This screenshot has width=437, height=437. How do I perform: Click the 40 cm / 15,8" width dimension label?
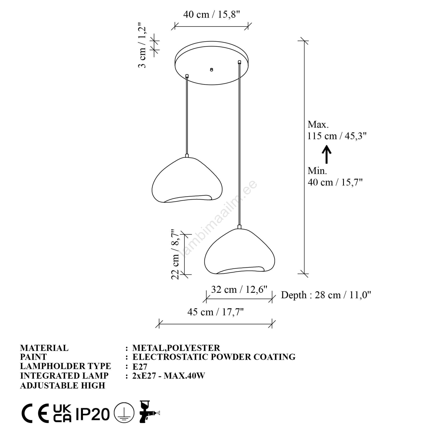point(211,14)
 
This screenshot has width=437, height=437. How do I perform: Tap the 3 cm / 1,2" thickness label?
point(142,45)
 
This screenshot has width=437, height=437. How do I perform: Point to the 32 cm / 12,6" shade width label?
point(239,290)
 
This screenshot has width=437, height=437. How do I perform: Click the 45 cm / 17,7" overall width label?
point(215,312)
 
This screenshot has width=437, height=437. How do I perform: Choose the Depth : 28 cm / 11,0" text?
point(326,295)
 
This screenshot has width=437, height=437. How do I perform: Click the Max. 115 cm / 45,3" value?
point(337,130)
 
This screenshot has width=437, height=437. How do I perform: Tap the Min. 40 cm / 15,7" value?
point(335,176)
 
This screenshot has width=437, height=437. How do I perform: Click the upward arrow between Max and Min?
point(326,154)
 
